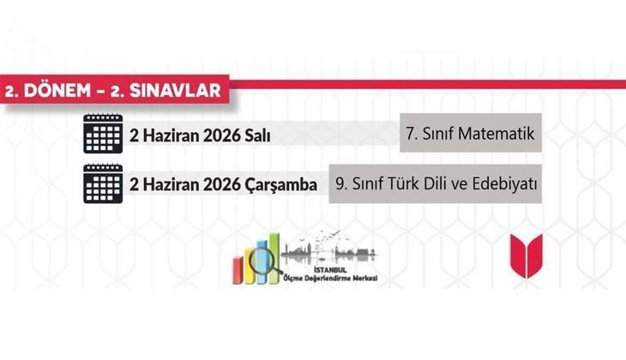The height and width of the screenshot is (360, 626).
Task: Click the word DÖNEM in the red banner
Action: (61, 90)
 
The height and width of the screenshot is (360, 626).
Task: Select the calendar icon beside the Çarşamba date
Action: (102, 183)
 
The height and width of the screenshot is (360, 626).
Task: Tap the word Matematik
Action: (497, 134)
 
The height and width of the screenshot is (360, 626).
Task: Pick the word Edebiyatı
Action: (499, 183)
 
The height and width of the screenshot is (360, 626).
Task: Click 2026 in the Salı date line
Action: (216, 137)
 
